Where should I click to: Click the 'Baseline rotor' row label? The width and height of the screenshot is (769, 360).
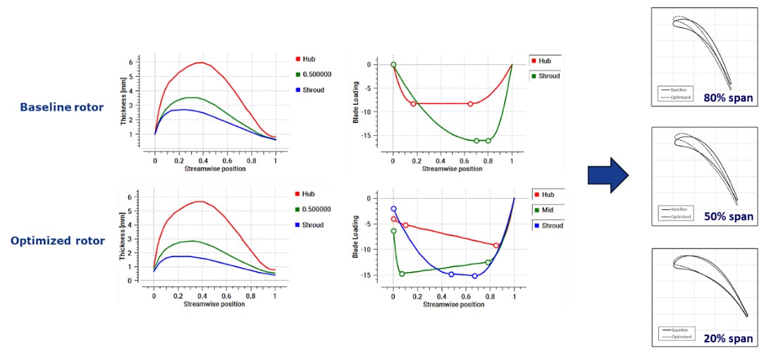61,107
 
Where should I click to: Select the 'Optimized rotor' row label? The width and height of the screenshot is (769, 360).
58,241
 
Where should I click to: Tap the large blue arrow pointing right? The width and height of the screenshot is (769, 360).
608,174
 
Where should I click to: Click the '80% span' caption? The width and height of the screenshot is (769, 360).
728,97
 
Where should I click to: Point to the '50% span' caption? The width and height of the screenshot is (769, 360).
728,217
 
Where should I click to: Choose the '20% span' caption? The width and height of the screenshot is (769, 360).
728,338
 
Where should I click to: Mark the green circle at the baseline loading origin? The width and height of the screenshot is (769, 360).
393,65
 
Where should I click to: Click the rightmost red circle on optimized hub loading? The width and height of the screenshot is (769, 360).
497,245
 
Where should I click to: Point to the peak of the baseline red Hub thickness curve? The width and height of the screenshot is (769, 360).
202,63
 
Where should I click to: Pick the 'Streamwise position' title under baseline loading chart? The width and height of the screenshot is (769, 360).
453,169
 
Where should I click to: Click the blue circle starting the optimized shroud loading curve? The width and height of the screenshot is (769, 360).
393,209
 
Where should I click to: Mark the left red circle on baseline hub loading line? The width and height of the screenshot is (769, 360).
414,104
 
